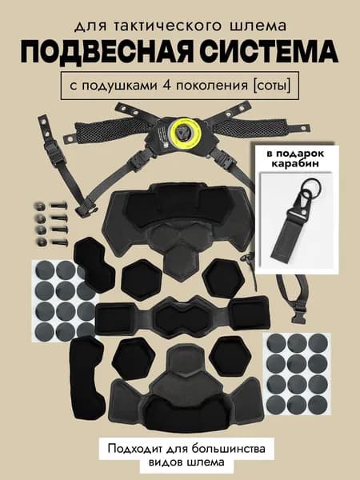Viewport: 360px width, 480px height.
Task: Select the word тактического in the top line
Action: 166,26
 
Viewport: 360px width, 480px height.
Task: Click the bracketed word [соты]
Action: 271,86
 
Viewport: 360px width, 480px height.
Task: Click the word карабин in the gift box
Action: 295,163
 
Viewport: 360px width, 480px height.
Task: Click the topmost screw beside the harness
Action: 59,206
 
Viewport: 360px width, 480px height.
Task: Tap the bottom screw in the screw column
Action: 59,242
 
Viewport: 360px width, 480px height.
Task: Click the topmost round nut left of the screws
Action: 41,206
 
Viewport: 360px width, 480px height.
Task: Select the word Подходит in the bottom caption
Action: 136,450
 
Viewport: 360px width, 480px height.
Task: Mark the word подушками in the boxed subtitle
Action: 120,86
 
